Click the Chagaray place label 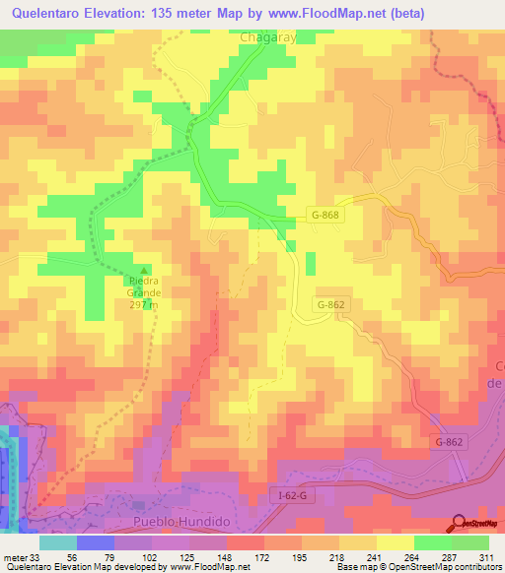coord(269,36)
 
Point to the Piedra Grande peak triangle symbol coord(145,271)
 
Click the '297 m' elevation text coord(144,304)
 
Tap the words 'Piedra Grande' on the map coord(144,286)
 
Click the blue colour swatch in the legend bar coord(96,542)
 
